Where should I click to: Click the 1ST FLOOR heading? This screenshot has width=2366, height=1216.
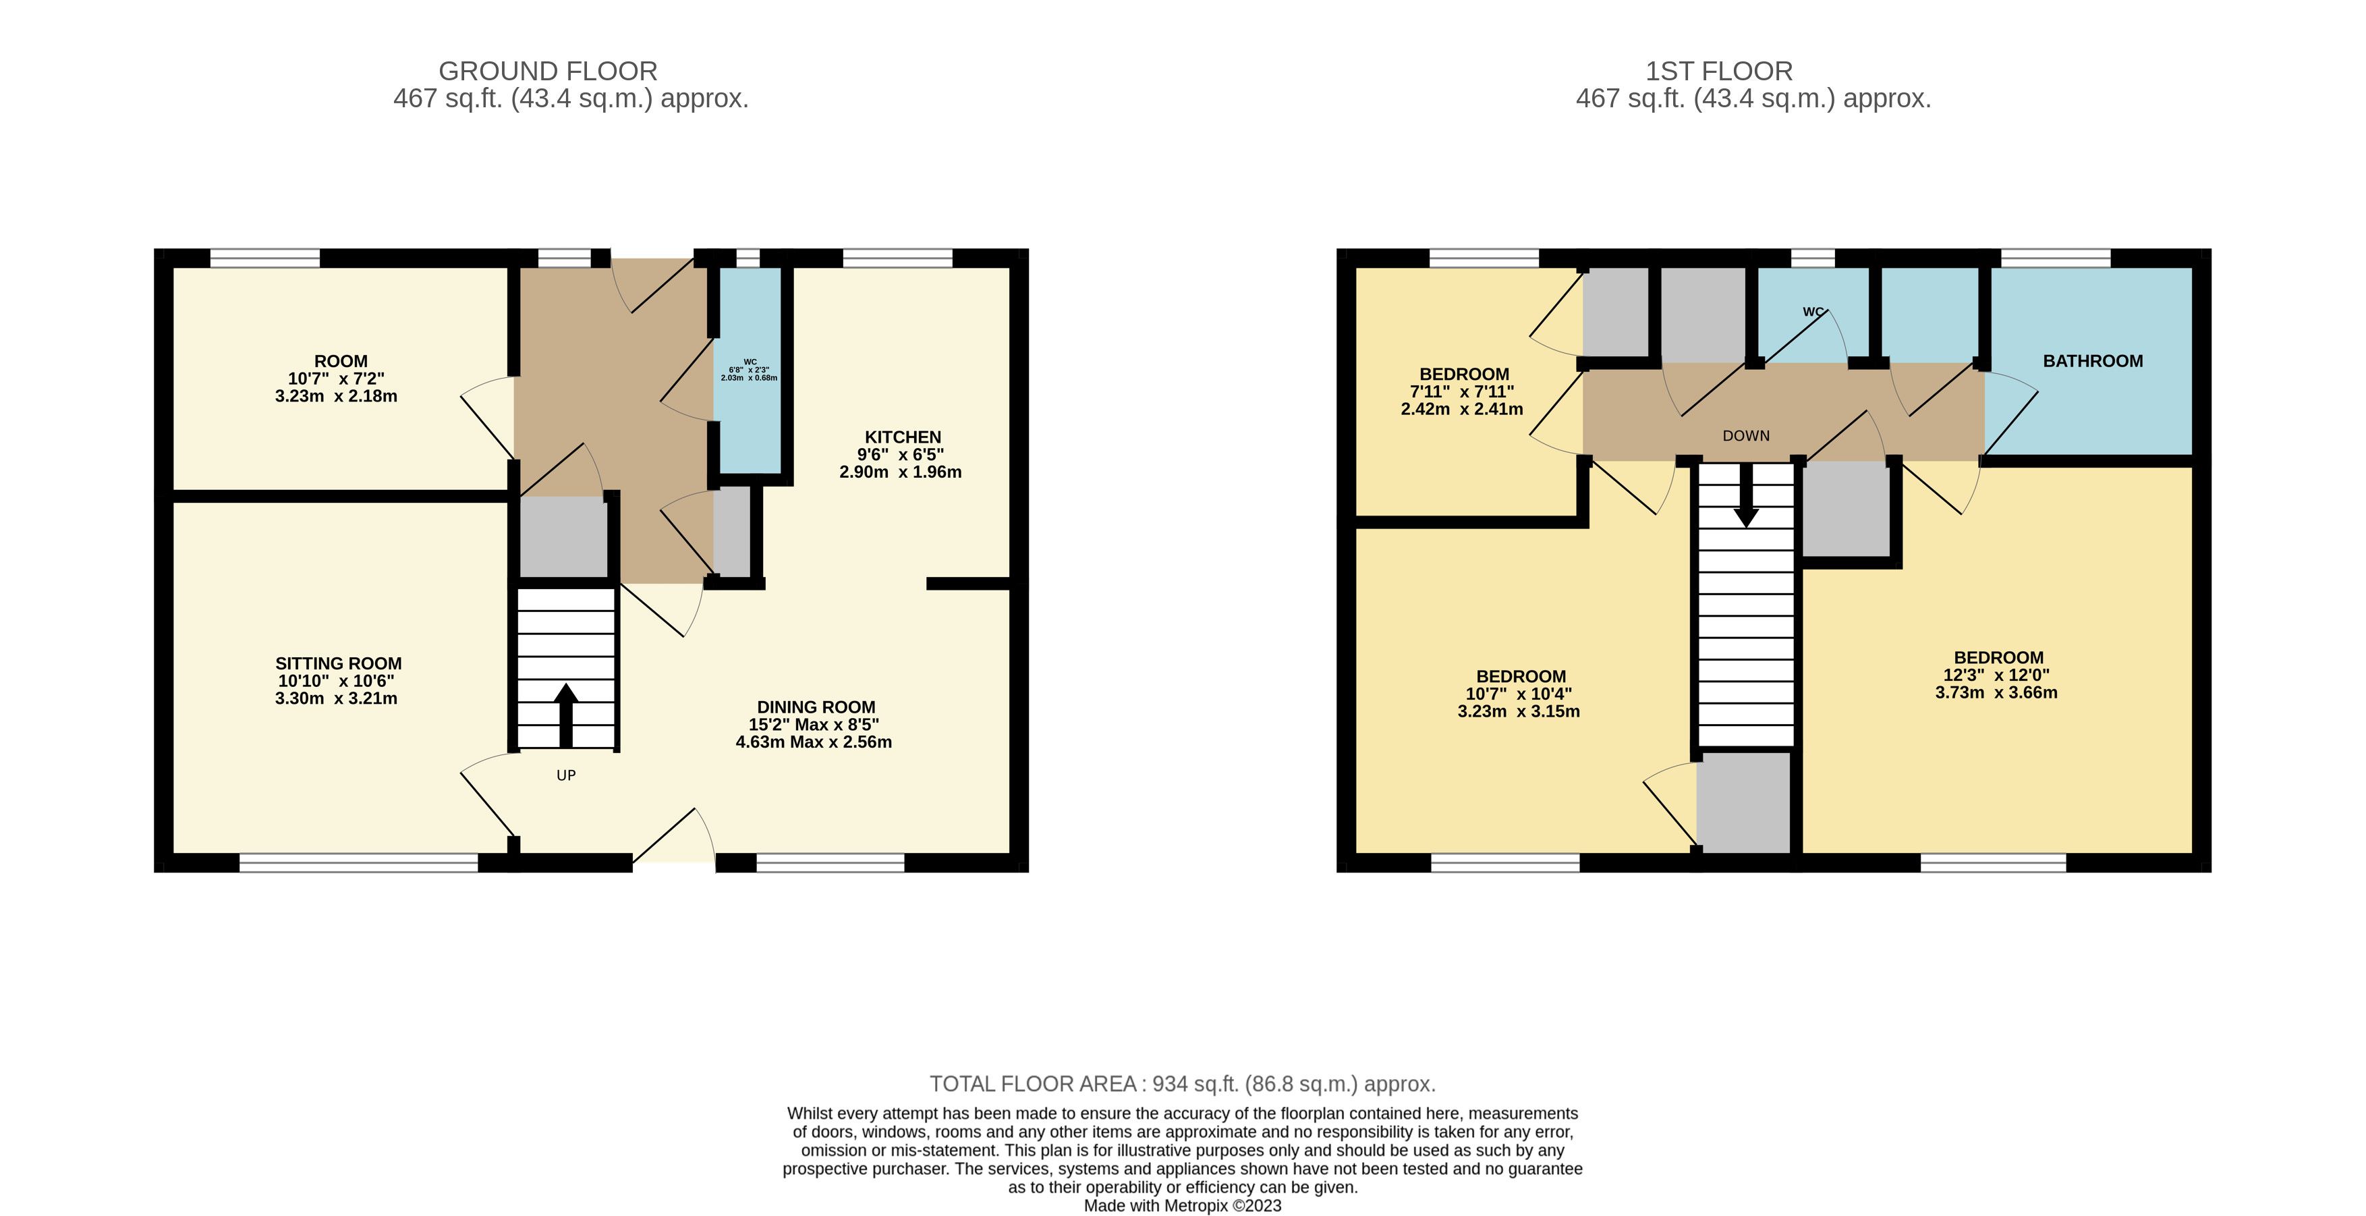(1718, 71)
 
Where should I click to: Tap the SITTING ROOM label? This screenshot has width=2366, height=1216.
(338, 663)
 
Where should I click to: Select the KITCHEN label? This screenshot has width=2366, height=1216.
(903, 437)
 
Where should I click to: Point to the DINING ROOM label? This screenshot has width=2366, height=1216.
(816, 707)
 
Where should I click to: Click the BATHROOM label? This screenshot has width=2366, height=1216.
(2092, 361)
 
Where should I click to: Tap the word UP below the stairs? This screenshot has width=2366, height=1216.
(566, 775)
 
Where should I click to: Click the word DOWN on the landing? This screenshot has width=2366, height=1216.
(1746, 435)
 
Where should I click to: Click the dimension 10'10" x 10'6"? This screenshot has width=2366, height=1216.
(336, 681)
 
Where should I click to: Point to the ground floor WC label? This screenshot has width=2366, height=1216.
(750, 362)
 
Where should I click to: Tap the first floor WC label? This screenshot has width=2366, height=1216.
(1812, 311)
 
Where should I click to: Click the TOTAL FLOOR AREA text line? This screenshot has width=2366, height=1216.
(1182, 1084)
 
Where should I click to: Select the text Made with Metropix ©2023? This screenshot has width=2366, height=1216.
(1182, 1206)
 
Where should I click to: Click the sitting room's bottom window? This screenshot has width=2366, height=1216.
(358, 862)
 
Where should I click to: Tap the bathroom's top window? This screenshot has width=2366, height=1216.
(2056, 258)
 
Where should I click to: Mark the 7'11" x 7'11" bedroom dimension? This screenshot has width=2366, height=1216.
(1462, 391)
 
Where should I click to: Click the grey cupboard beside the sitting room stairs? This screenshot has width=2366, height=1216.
(563, 536)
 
